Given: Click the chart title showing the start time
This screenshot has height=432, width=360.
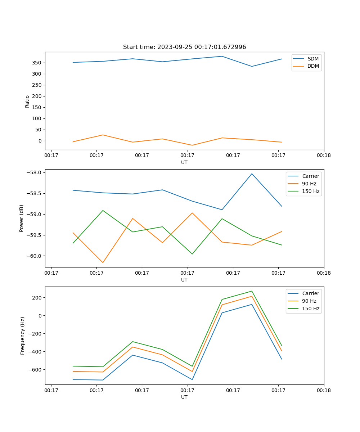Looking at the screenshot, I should [x=184, y=47].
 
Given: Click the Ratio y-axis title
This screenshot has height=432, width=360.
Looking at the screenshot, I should [x=27, y=101].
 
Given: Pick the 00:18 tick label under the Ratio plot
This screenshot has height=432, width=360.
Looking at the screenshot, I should [x=324, y=156].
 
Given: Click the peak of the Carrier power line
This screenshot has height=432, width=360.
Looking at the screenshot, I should [x=252, y=174].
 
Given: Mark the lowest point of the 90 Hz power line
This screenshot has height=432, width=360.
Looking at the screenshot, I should [x=103, y=262].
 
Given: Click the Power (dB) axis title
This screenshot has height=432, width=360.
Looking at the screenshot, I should [x=22, y=218].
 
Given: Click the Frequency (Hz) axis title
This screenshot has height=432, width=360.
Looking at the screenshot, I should [x=22, y=336].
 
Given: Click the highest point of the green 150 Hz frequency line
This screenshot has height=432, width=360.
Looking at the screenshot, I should [x=252, y=291].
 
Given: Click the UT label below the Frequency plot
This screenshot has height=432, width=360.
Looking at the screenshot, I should [x=184, y=397].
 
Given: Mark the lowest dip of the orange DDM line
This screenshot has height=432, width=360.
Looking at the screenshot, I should [x=192, y=145].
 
